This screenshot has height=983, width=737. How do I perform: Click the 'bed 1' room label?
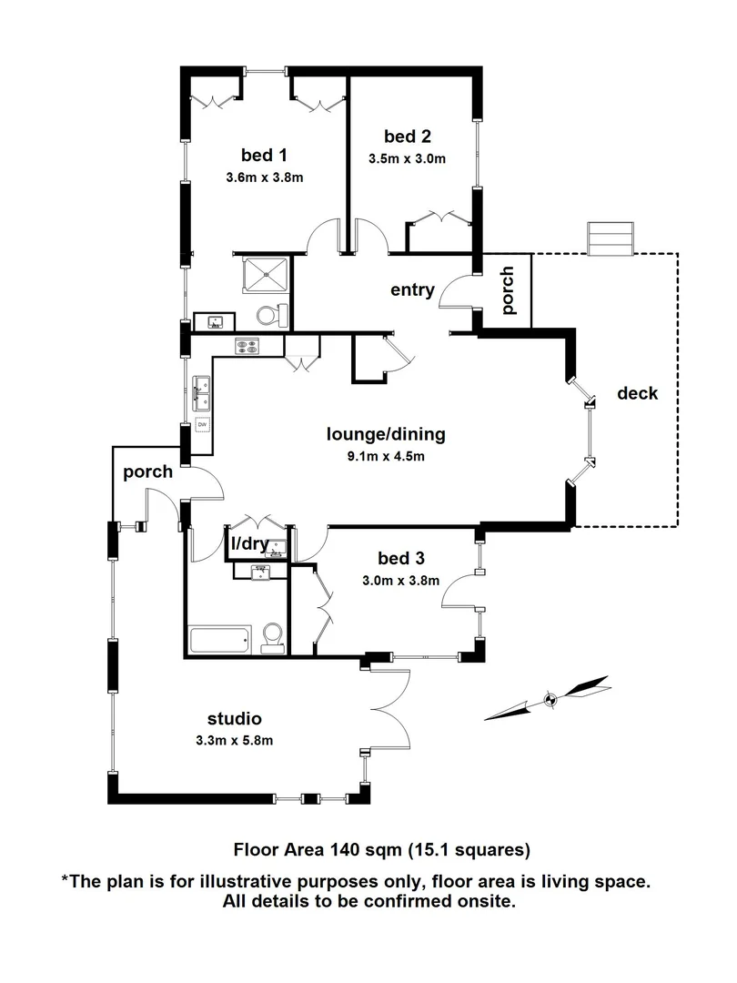(x=264, y=153)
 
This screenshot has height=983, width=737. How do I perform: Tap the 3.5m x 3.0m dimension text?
(x=407, y=159)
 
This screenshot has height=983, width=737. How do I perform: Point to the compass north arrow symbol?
(x=549, y=699)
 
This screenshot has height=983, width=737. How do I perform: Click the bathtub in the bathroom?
(x=219, y=639)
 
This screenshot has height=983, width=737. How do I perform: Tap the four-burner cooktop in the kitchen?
(x=247, y=346)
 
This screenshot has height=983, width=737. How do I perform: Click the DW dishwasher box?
(x=201, y=425)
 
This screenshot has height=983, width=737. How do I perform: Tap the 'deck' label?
(x=637, y=393)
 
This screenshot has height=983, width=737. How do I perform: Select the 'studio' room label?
(x=234, y=717)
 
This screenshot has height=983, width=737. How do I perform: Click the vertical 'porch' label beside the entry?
(x=508, y=290)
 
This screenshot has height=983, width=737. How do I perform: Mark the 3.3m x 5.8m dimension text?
(x=234, y=740)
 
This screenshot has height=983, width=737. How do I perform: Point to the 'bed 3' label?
(x=401, y=557)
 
